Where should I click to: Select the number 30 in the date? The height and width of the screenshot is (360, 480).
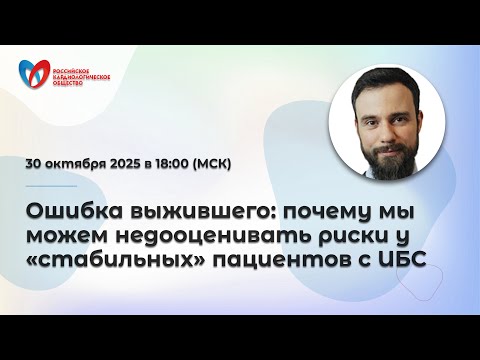point(38,164)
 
